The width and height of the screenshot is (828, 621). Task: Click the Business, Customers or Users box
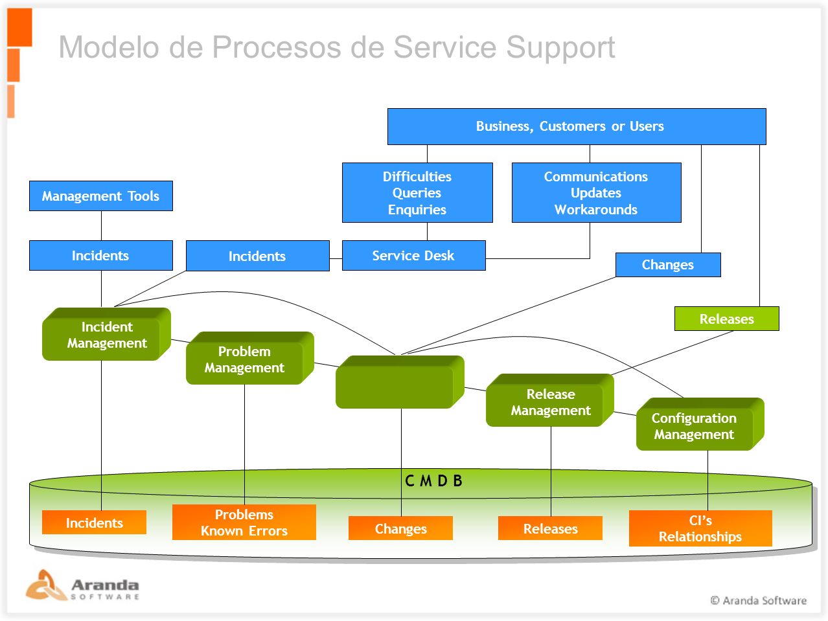tap(577, 126)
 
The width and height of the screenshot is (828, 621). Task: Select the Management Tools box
tap(100, 196)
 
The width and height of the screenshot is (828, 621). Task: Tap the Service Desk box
tap(413, 255)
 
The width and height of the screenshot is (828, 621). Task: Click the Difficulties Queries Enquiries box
tap(417, 192)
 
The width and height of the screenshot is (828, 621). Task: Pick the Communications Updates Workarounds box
tap(596, 192)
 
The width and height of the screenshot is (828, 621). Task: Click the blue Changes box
tap(668, 265)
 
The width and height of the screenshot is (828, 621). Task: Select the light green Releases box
tap(726, 319)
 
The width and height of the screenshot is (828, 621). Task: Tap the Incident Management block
tap(106, 334)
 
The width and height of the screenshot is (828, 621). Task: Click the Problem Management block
tap(249, 358)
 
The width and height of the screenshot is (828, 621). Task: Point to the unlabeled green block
tap(400, 382)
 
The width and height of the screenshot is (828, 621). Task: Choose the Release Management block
tap(550, 400)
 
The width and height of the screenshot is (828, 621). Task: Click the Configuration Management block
tap(700, 424)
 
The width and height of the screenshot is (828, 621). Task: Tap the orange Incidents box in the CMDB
tap(94, 522)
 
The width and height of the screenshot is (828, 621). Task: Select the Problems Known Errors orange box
tap(244, 522)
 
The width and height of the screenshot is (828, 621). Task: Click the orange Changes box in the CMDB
tap(400, 528)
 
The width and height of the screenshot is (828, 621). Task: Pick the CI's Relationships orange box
tap(700, 528)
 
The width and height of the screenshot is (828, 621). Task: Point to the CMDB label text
tap(433, 480)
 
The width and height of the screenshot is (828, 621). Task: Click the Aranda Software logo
tap(82, 585)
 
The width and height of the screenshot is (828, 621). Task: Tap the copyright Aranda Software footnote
tap(758, 600)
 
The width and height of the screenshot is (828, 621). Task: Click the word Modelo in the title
tap(109, 47)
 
